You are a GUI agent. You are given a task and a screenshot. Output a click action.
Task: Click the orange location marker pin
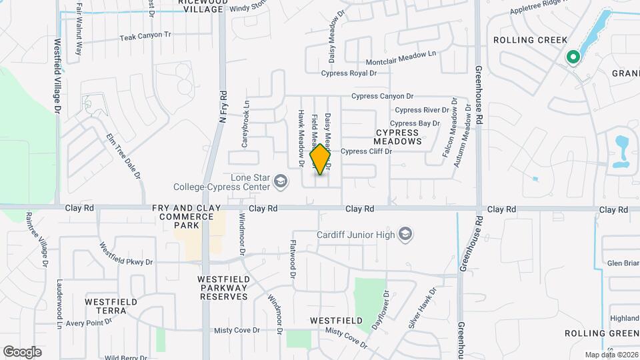click(x=321, y=159)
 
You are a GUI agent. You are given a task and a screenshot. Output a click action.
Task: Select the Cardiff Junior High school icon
click(x=405, y=233)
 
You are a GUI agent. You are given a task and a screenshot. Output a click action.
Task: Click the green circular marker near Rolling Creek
click(x=572, y=58)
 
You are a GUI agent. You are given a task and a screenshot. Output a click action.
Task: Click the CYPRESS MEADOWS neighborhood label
click(x=397, y=137)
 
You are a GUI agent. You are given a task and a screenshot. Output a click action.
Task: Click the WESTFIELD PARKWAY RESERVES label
click(x=223, y=287)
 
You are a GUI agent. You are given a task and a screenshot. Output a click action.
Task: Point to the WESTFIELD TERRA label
click(x=111, y=307)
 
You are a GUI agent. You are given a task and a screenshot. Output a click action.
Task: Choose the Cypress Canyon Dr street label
click(x=383, y=96)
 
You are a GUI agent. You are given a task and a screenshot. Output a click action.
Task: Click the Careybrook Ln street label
click(x=245, y=124)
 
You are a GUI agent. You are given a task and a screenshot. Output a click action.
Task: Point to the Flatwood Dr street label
click(x=292, y=255)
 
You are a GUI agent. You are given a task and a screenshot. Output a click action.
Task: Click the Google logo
click(x=22, y=351)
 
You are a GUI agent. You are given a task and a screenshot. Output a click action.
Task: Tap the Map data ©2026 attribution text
click(x=611, y=355)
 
